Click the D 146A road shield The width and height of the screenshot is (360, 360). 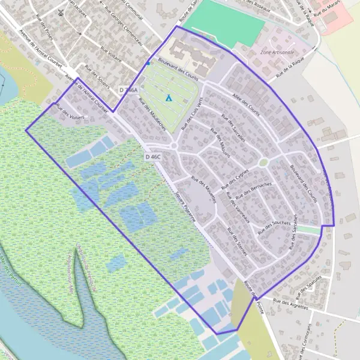(x=128, y=90)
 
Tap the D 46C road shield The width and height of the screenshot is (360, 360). (x=152, y=157)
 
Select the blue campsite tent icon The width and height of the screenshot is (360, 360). (x=169, y=97)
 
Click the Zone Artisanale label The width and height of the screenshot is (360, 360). (x=278, y=52)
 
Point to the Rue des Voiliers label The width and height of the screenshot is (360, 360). (x=70, y=112)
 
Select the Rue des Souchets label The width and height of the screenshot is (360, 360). (x=273, y=227)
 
